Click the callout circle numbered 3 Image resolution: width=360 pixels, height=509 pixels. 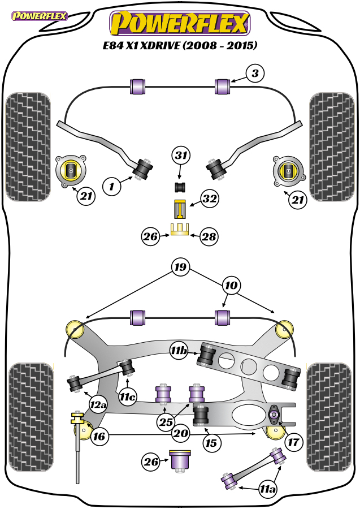255,74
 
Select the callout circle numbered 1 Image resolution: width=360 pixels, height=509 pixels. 111,186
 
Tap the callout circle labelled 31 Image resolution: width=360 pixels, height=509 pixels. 181,156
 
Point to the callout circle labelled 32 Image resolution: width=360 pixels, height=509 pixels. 210,199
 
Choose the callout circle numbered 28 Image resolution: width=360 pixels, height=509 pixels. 209,236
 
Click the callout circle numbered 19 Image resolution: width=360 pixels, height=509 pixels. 180,267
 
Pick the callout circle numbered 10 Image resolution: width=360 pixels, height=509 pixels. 231,286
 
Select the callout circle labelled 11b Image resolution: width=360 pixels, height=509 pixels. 179,350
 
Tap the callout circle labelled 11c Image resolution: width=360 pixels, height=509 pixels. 128,396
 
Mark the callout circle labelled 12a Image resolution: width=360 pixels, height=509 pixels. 98,404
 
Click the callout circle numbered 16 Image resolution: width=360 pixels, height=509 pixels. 99,436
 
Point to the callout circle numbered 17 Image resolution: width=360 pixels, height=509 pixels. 293,442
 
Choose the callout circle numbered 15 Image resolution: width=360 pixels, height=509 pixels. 211,443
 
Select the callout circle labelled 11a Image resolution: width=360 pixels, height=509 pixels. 268,489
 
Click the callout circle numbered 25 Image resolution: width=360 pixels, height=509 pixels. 166,422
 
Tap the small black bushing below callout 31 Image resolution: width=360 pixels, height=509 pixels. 180,187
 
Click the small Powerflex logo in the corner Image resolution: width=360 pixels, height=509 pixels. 39,16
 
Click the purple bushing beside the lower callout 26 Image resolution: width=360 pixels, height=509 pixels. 180,461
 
